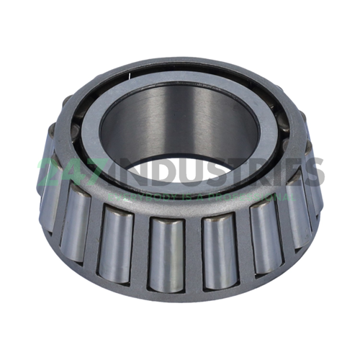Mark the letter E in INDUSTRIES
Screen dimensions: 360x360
click(x=295, y=171)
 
